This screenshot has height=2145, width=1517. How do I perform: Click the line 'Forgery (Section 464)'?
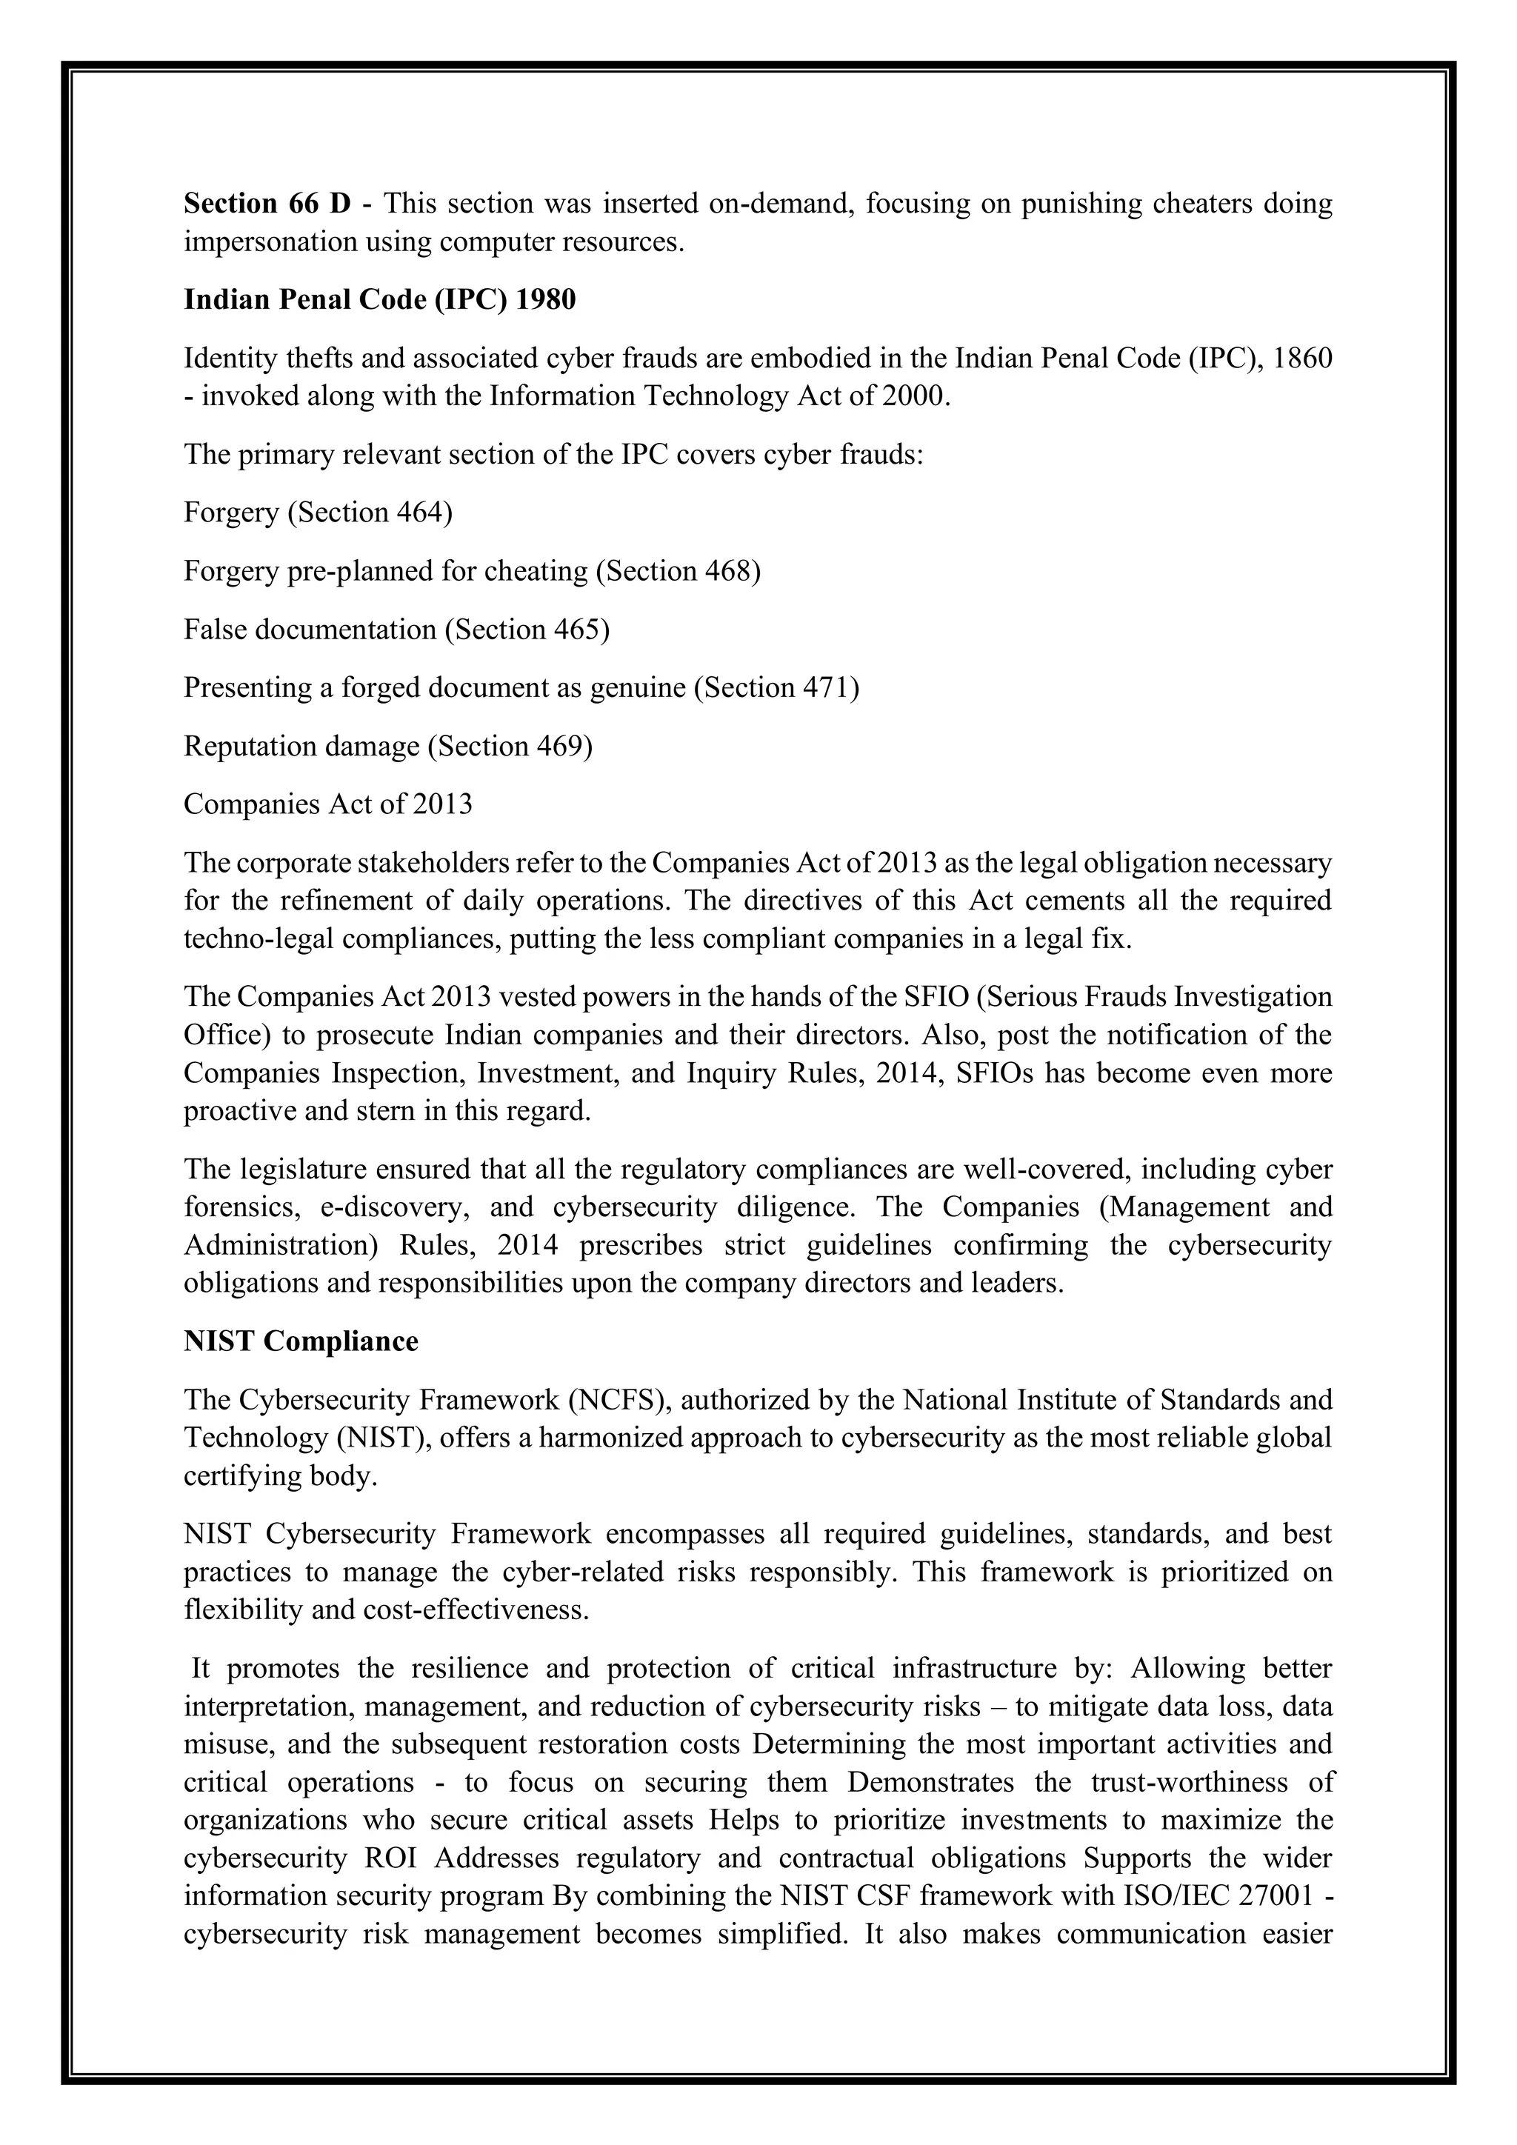(318, 513)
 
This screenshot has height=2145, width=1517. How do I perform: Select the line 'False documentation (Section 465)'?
(396, 630)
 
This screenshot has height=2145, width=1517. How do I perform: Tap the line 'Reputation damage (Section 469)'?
(387, 747)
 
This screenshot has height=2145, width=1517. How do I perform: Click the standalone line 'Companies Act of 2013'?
(328, 804)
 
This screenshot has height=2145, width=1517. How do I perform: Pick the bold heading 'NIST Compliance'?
(301, 1341)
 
